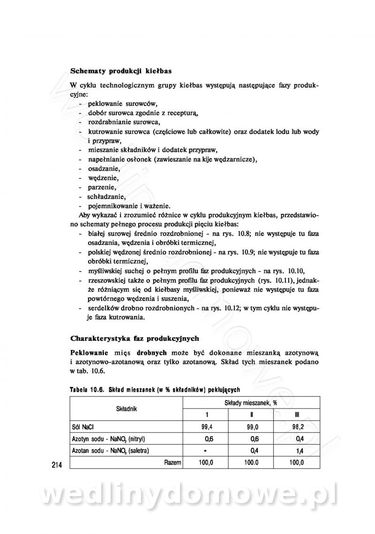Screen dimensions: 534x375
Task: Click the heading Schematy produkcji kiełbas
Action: pos(120,72)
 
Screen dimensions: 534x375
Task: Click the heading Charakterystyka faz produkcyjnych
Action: pos(135,338)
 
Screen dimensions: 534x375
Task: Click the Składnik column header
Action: pos(126,409)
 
